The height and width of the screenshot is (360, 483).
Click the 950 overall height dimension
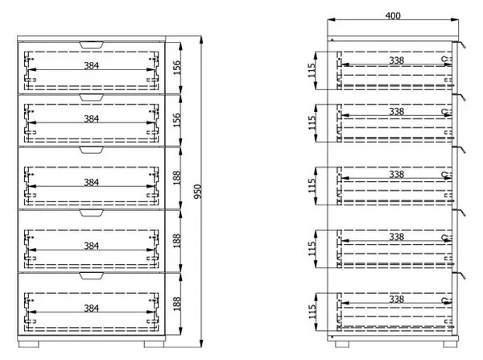(x=198, y=192)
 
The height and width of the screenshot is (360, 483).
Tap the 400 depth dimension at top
(x=393, y=16)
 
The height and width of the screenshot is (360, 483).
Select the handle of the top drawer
(x=91, y=45)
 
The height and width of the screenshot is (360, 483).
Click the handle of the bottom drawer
(x=91, y=276)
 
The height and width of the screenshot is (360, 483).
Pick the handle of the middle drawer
(x=91, y=150)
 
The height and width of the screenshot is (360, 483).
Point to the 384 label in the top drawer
(x=92, y=66)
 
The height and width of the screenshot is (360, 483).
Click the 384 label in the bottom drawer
(x=92, y=308)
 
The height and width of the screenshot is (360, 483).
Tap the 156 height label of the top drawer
(x=177, y=68)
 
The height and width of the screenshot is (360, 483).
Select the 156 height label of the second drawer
(x=177, y=120)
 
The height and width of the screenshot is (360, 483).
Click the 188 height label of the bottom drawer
(x=177, y=304)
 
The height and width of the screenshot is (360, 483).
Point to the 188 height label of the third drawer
(x=177, y=178)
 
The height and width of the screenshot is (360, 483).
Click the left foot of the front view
(x=29, y=344)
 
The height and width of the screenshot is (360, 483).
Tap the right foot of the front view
(x=154, y=344)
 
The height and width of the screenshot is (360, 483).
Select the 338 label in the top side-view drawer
(x=396, y=60)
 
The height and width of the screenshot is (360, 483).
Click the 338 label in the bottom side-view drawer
(x=396, y=299)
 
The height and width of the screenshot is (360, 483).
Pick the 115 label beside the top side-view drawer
(x=312, y=71)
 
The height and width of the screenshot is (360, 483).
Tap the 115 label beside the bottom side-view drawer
(x=312, y=312)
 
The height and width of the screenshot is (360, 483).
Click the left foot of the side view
(x=342, y=344)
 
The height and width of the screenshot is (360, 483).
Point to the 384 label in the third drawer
(x=92, y=183)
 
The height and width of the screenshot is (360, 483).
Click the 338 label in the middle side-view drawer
(x=396, y=175)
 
